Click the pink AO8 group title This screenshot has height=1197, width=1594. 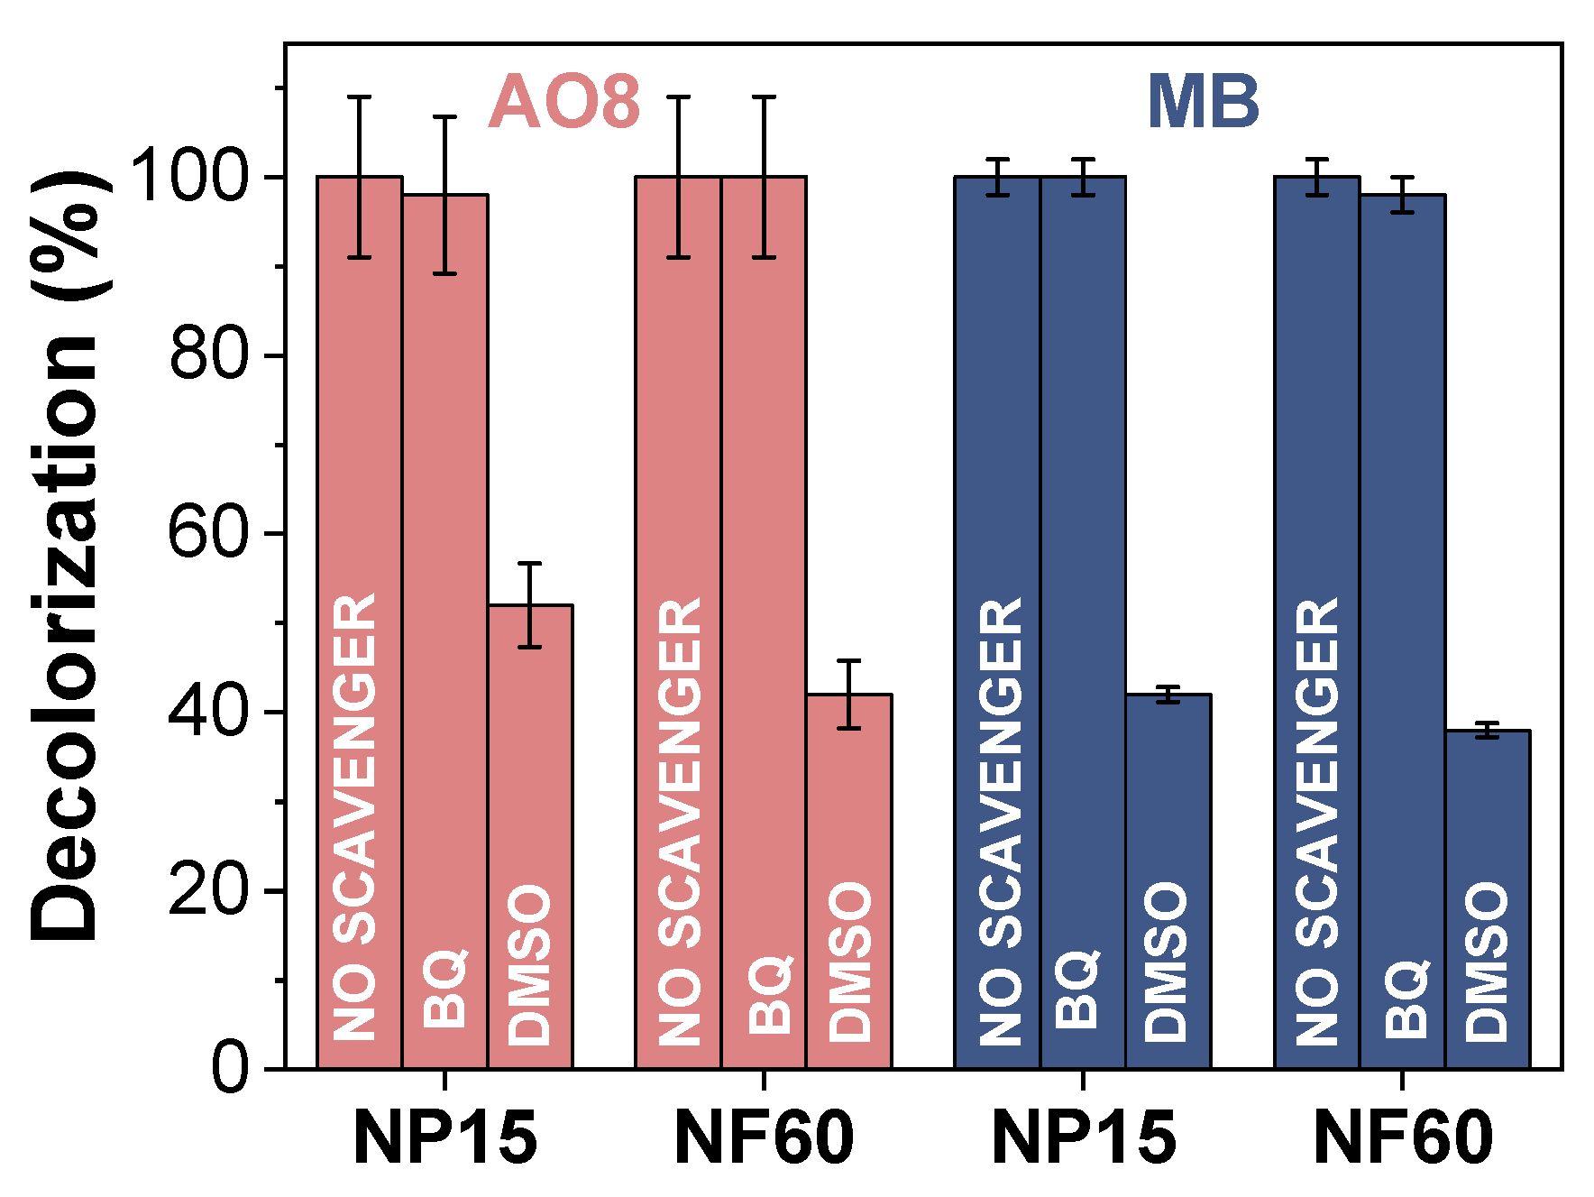click(x=564, y=102)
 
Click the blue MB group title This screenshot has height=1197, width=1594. click(x=1203, y=102)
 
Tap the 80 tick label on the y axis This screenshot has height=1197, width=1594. click(x=208, y=354)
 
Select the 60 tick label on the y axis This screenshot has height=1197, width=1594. click(x=208, y=532)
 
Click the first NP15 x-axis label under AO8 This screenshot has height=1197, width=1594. click(x=445, y=1138)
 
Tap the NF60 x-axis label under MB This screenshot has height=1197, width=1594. click(x=1403, y=1138)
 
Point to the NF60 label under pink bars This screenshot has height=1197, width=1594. click(x=764, y=1138)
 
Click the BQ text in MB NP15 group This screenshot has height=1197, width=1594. click(x=1078, y=990)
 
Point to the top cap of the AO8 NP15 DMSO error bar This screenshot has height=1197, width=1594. click(x=530, y=563)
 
